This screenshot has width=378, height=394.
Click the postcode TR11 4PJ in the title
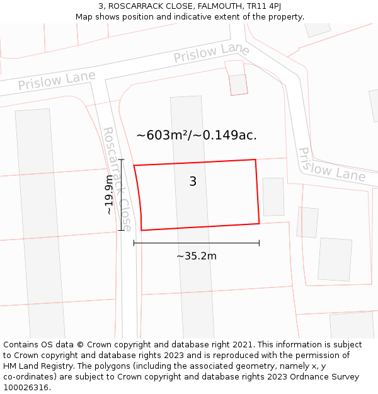[261, 6]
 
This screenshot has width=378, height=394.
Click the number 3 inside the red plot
[193, 182]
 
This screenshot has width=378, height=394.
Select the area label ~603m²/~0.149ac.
[197, 135]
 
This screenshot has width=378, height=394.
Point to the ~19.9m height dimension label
[110, 195]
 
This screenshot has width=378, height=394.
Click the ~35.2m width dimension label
[197, 256]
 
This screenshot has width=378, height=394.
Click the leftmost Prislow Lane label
[57, 80]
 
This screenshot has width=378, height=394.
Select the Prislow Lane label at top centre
[212, 53]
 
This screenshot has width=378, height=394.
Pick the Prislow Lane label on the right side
[331, 165]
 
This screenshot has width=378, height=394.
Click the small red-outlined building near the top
[238, 84]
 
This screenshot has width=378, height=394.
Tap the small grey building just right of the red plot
[273, 197]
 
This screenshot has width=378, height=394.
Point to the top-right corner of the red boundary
[255, 159]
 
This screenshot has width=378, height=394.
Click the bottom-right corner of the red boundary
[259, 223]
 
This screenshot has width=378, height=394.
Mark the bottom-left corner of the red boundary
[141, 230]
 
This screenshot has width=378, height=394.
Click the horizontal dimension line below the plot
[197, 243]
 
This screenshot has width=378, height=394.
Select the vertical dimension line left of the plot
[122, 195]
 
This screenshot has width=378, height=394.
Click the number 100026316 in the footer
[27, 388]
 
